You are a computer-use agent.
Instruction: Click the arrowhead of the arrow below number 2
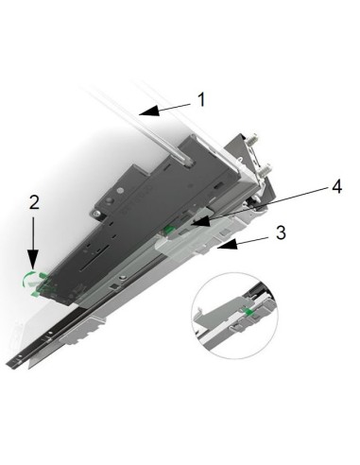click(34, 266)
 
